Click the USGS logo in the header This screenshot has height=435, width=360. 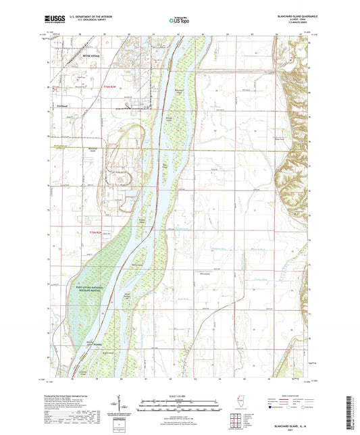51,20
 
